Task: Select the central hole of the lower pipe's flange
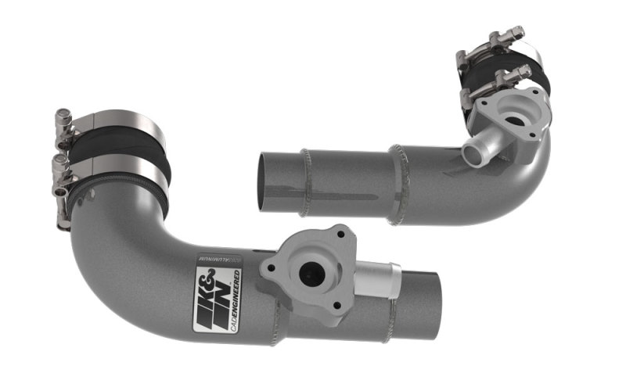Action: (x=311, y=272)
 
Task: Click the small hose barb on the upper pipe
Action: (x=474, y=152)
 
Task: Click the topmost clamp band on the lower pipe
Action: (x=110, y=126)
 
